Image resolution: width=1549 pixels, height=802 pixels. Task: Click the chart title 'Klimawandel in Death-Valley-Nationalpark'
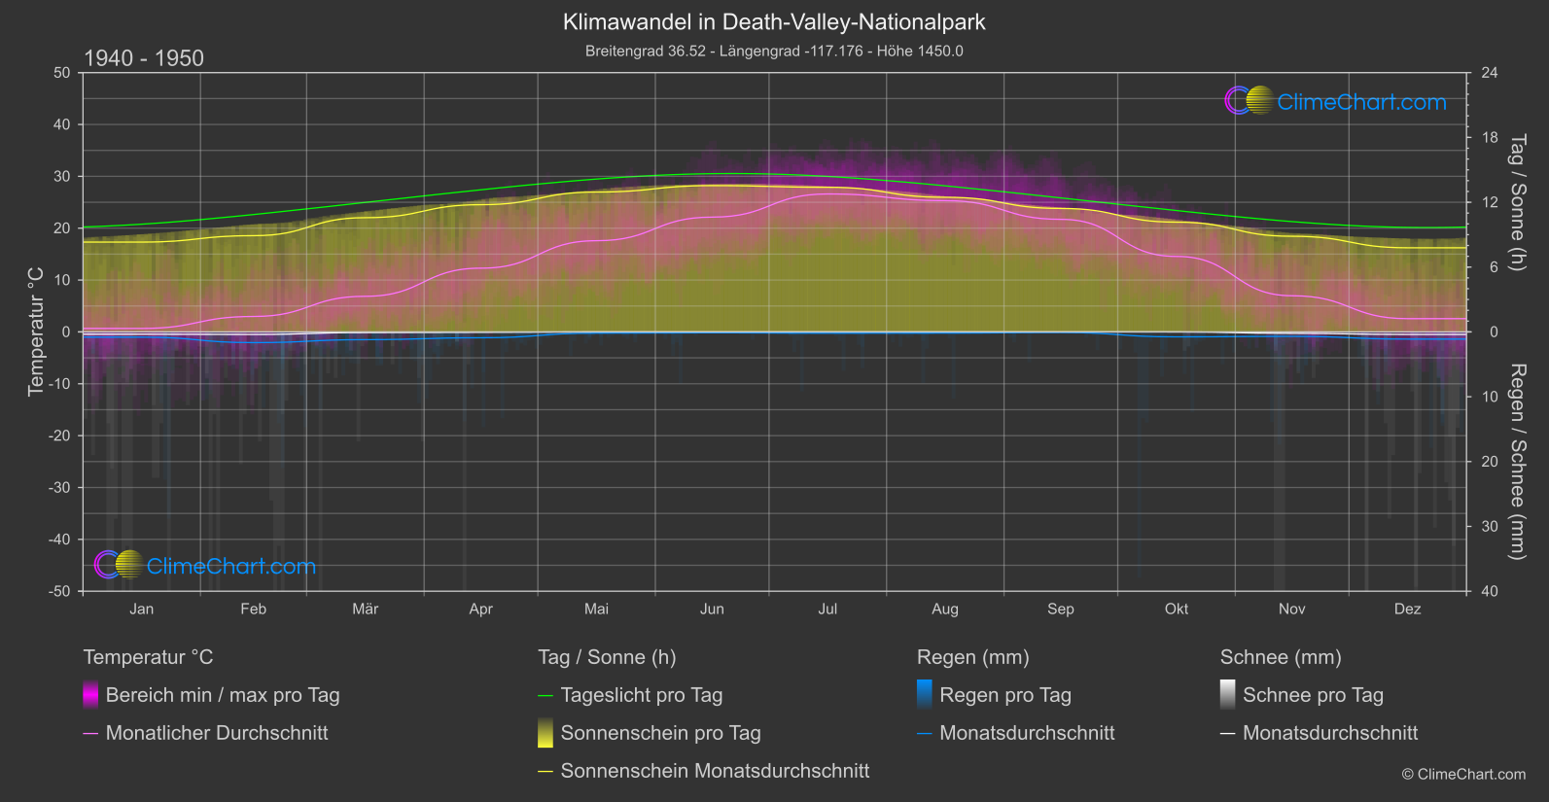(774, 21)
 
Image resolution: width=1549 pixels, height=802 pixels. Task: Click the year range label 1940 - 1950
(144, 58)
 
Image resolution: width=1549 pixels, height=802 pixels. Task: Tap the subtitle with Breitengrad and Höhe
(774, 51)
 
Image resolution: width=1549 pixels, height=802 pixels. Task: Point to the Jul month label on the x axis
(827, 609)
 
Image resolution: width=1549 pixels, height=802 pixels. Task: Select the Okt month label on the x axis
(1177, 609)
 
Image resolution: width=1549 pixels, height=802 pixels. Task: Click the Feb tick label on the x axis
(253, 609)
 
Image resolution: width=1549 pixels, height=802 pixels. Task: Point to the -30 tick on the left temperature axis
(60, 487)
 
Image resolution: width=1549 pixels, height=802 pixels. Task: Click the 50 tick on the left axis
(62, 73)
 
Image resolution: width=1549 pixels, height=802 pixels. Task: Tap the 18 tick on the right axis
(1490, 138)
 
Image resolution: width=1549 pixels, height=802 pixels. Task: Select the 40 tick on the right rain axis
(1490, 591)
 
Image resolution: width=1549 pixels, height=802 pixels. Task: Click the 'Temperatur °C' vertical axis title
(36, 331)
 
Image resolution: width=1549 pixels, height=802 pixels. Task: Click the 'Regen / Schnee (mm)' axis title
(1517, 462)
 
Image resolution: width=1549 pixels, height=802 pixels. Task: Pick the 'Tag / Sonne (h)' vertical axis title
(1517, 203)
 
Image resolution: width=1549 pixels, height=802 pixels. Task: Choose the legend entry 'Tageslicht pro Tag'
(641, 695)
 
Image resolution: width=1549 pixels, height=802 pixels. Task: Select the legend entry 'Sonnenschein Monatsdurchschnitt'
(715, 771)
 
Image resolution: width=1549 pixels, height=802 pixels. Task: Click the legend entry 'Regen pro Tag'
(1004, 695)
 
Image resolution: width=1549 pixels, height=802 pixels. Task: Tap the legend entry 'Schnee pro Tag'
(1312, 695)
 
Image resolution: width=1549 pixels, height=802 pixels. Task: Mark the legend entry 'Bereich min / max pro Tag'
(222, 695)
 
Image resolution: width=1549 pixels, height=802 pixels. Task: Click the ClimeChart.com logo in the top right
(1336, 101)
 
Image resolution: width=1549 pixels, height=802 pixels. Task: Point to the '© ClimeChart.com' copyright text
(1463, 775)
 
